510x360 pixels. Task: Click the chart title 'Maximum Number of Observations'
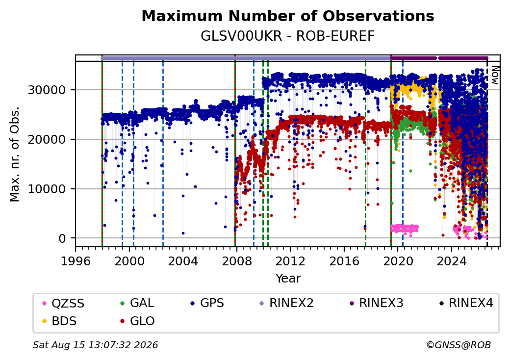pos(288,16)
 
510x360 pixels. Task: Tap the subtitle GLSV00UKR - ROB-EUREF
pos(287,36)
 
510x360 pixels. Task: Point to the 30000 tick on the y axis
pos(47,90)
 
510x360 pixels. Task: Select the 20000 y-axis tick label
pos(47,139)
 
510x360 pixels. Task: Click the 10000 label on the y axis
pos(47,189)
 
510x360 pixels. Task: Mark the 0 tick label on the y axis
pos(62,238)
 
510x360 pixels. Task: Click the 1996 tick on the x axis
pos(76,261)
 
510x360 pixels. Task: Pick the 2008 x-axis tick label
pos(237,261)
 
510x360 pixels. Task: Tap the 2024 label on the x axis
pos(452,261)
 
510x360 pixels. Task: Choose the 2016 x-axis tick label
pos(344,261)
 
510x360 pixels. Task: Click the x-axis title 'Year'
pos(288,279)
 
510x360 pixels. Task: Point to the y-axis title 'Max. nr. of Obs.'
pos(14,154)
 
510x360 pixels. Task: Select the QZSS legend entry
pos(63,303)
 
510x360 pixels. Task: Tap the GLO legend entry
pos(138,321)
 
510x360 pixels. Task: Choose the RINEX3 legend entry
pos(376,303)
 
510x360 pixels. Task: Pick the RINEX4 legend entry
pos(466,303)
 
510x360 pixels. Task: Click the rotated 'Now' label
pos(495,75)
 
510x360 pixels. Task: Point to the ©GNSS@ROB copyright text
pos(459,345)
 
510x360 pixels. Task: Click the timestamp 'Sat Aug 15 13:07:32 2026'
pos(96,345)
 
